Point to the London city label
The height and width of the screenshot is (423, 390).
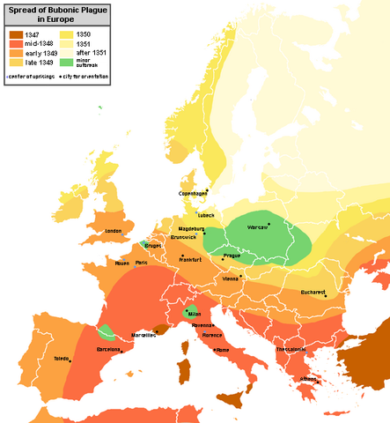pos(112,232)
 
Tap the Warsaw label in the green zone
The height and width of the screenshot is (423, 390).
pos(257,226)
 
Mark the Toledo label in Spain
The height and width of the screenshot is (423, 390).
pos(61,360)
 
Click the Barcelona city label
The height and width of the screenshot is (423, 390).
pos(108,349)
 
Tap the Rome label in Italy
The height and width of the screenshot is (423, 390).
pos(222,350)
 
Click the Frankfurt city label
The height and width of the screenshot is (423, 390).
pos(191,260)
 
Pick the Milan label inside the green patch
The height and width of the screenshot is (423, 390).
pos(195,315)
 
